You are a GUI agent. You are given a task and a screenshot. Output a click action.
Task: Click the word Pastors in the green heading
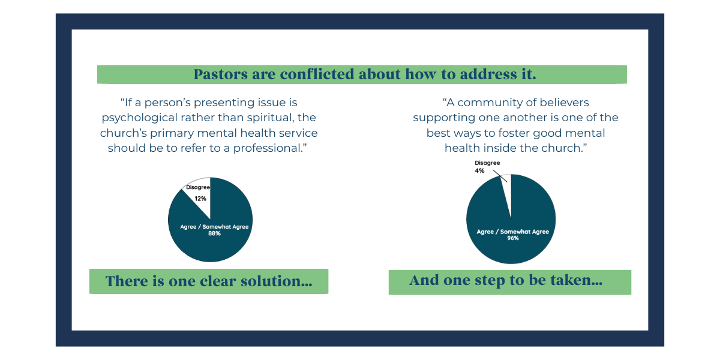[x=221, y=74]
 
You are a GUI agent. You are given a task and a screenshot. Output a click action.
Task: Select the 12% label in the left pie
[x=200, y=199]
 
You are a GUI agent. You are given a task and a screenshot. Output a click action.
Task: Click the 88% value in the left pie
[x=214, y=233]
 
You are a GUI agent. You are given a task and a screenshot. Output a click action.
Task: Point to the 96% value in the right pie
[x=513, y=238]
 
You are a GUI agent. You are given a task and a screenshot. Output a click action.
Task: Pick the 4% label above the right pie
[x=479, y=170]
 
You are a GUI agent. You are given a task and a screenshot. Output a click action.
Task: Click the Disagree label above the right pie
[x=487, y=163]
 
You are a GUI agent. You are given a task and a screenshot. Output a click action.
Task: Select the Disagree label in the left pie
[x=198, y=187]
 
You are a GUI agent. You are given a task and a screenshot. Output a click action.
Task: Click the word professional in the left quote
[x=270, y=149]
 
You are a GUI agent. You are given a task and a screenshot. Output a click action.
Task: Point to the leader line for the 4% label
[x=500, y=176]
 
